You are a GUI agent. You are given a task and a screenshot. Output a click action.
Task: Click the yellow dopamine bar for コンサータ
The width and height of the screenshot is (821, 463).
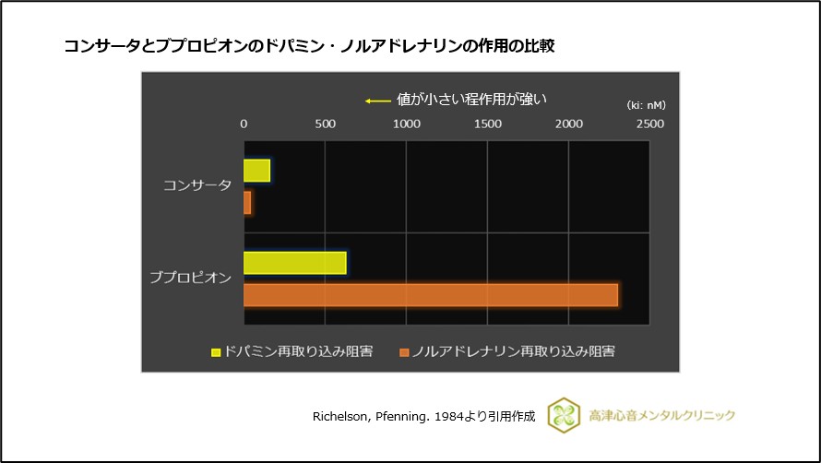[x=256, y=171]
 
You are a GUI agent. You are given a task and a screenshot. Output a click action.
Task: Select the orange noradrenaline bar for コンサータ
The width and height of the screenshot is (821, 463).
[x=247, y=203]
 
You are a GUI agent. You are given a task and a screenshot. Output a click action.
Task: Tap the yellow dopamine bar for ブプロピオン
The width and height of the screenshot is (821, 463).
[x=294, y=263]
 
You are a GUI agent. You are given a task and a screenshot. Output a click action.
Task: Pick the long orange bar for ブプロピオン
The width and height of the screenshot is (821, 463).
[x=430, y=295]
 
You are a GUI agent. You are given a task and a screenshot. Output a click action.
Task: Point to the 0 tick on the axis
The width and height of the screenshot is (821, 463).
[x=244, y=124]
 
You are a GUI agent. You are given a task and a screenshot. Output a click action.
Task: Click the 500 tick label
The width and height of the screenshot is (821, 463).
[x=325, y=124]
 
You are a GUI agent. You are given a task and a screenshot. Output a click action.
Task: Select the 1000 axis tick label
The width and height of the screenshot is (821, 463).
[x=406, y=124]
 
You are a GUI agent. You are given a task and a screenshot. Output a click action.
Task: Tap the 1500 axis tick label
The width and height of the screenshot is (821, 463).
[x=487, y=124]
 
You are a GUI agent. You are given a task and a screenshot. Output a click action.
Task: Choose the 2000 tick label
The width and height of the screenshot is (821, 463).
[x=568, y=124]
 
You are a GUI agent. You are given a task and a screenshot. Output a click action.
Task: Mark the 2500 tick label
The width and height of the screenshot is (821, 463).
[x=649, y=124]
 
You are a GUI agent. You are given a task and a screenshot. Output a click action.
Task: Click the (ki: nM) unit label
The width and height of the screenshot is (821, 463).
[x=646, y=105]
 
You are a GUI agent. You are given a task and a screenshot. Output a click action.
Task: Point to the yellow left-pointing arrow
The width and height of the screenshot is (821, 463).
[x=377, y=101]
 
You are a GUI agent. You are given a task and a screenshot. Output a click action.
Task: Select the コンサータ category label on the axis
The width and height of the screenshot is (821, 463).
[x=196, y=186]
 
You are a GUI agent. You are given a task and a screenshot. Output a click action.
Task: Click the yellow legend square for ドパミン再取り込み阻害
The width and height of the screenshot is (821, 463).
[x=217, y=351]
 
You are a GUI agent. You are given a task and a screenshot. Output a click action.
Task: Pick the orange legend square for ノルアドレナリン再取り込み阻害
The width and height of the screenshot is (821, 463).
[x=404, y=351]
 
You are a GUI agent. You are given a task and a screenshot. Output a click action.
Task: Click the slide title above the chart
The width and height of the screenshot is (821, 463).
[x=309, y=45]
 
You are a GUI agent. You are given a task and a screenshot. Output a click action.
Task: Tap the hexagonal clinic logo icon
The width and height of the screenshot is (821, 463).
[x=563, y=415]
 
